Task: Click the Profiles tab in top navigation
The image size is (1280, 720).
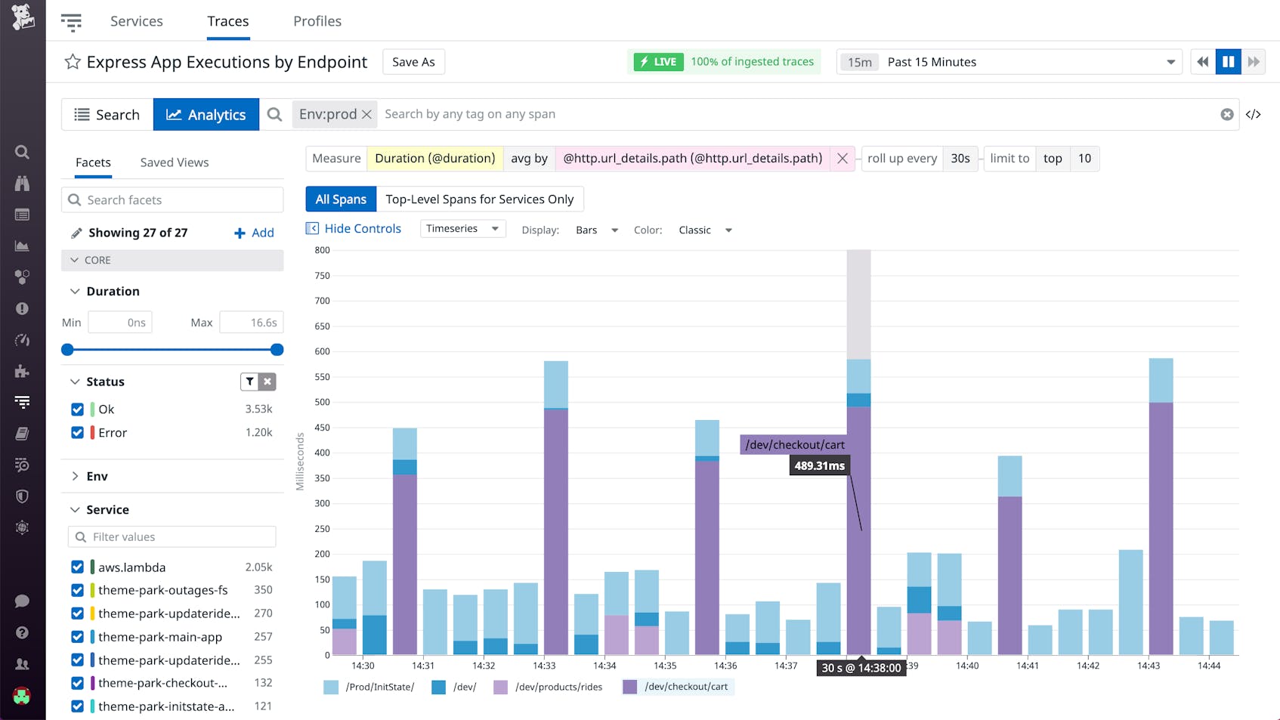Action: coord(317,21)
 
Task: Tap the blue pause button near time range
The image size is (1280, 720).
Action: coord(1228,62)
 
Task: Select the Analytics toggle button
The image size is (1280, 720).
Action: coord(206,115)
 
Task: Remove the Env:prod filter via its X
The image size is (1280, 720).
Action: coord(366,114)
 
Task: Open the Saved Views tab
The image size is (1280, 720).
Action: coord(175,162)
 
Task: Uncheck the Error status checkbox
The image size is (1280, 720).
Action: coord(77,433)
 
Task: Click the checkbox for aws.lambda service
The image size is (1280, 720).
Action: coord(77,567)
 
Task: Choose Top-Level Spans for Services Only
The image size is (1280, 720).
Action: coord(480,199)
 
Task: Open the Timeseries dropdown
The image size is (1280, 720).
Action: coord(462,229)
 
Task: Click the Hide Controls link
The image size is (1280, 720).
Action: coord(362,229)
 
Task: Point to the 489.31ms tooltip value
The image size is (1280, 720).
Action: coord(819,466)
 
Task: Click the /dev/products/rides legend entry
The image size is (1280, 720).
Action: coord(558,687)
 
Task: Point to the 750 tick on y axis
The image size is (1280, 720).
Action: coord(323,276)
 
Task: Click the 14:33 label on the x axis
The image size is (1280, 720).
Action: coord(544,666)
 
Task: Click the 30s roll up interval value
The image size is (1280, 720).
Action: coord(960,159)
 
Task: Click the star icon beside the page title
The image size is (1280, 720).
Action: coord(73,62)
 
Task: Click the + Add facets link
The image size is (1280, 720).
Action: coord(255,233)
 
